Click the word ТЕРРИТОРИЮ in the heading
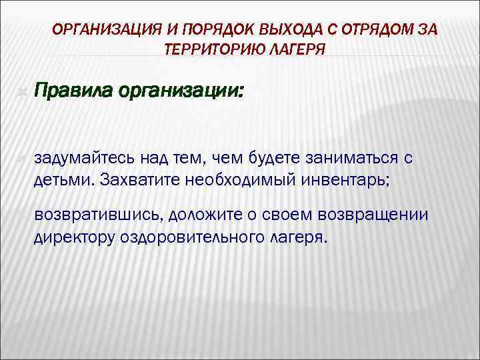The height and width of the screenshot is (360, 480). click(x=211, y=50)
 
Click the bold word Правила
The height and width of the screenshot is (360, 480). click(x=73, y=89)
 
